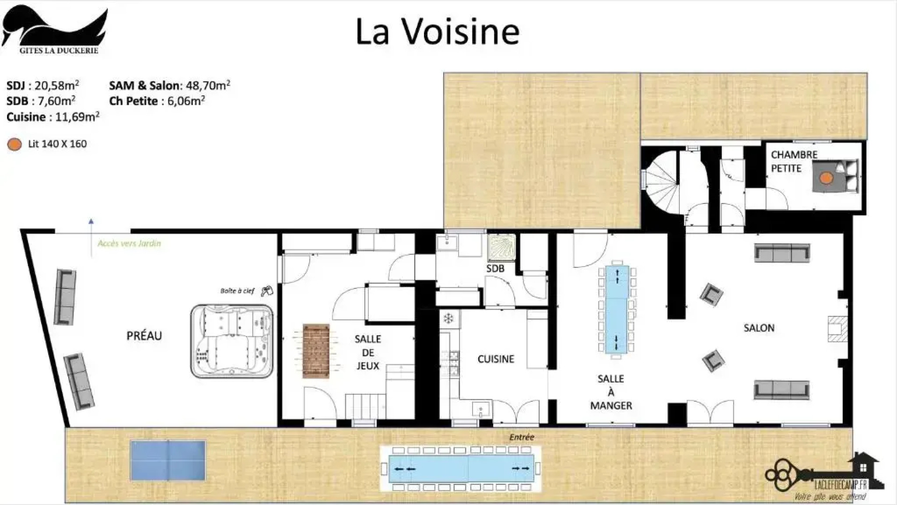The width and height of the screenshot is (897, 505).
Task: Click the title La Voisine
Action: [x=437, y=32]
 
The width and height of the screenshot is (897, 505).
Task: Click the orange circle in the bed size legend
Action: [x=15, y=144]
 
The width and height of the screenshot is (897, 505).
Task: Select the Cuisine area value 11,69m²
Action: [x=77, y=117]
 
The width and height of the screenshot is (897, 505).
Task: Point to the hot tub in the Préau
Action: [x=232, y=341]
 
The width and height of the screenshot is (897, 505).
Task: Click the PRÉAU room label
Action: [x=144, y=336]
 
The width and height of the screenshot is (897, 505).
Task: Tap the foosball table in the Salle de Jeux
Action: [x=316, y=351]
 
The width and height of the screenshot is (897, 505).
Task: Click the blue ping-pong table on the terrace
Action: [x=168, y=461]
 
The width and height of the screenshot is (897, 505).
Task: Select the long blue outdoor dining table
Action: [x=461, y=468]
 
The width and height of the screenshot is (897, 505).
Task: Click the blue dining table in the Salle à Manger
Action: [x=616, y=310]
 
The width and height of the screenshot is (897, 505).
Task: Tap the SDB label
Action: [x=495, y=268]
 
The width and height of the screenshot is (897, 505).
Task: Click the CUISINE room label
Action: [x=496, y=359]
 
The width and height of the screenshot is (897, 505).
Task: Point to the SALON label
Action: [x=758, y=328]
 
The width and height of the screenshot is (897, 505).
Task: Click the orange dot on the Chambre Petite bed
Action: [x=826, y=178]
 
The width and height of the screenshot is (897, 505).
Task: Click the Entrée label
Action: [x=521, y=437]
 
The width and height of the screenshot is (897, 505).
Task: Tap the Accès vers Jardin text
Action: [x=129, y=243]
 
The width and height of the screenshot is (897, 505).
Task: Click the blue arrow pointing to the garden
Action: [x=91, y=223]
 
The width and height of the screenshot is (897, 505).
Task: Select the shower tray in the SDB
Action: [x=501, y=246]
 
